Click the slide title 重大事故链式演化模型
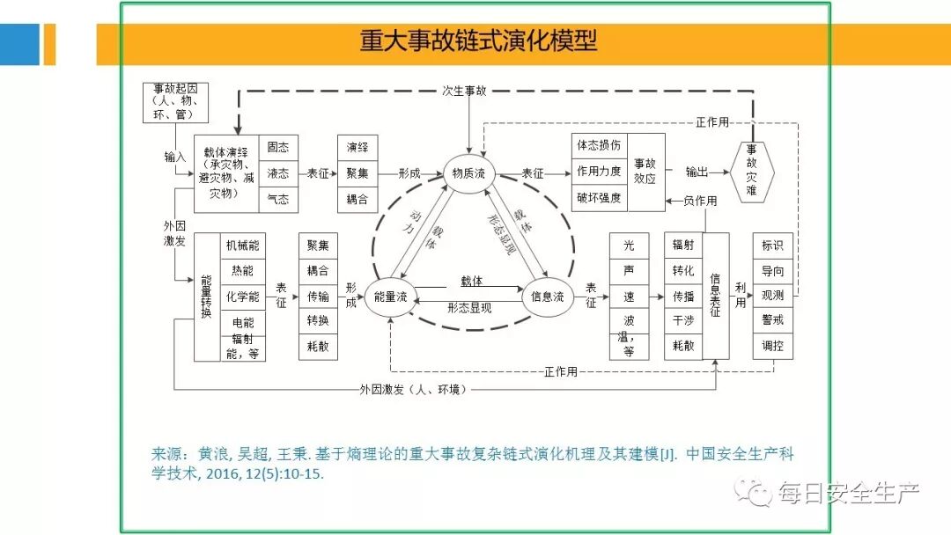478,41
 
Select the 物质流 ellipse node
468,174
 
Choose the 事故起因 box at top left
176,102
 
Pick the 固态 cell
278,148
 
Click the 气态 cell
278,200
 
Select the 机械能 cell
243,246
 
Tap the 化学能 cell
243,297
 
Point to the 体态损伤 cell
600,145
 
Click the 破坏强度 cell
600,197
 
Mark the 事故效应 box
645,172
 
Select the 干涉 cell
683,321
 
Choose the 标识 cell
772,246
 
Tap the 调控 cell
772,346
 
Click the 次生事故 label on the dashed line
464,91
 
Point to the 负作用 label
699,202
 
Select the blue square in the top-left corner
19,44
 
